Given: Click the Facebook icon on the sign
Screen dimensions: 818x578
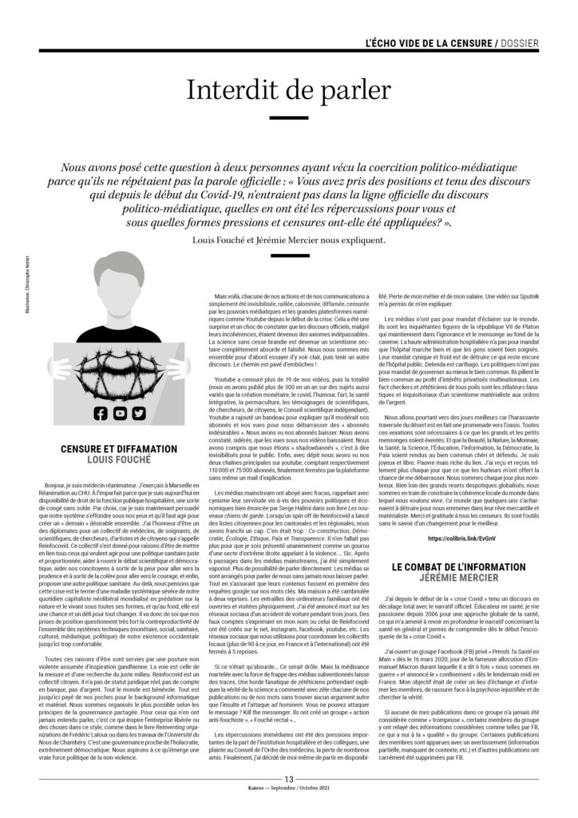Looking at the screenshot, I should (x=100, y=413).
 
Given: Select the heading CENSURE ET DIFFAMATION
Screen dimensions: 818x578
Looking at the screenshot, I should (x=119, y=449).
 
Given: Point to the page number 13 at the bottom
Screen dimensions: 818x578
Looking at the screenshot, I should (x=289, y=801).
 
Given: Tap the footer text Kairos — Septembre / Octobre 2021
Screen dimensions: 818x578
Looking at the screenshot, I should (x=289, y=811).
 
